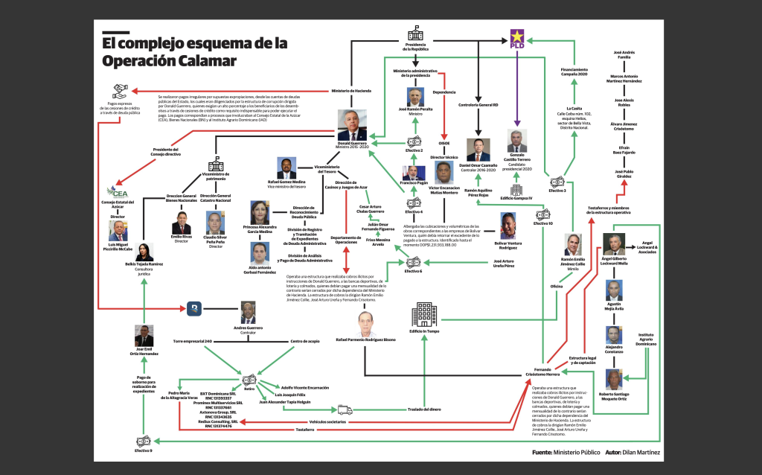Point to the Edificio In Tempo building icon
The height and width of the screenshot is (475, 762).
423,316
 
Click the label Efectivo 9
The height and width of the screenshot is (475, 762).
143,450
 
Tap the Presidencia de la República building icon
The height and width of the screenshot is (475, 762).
415,34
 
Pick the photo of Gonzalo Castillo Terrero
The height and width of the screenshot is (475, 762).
516,141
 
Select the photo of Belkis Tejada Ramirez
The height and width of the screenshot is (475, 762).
144,252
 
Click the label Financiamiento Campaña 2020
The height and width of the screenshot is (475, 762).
574,72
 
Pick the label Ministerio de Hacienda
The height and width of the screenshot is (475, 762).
351,91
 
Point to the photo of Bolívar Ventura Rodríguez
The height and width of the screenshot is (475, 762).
508,226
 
